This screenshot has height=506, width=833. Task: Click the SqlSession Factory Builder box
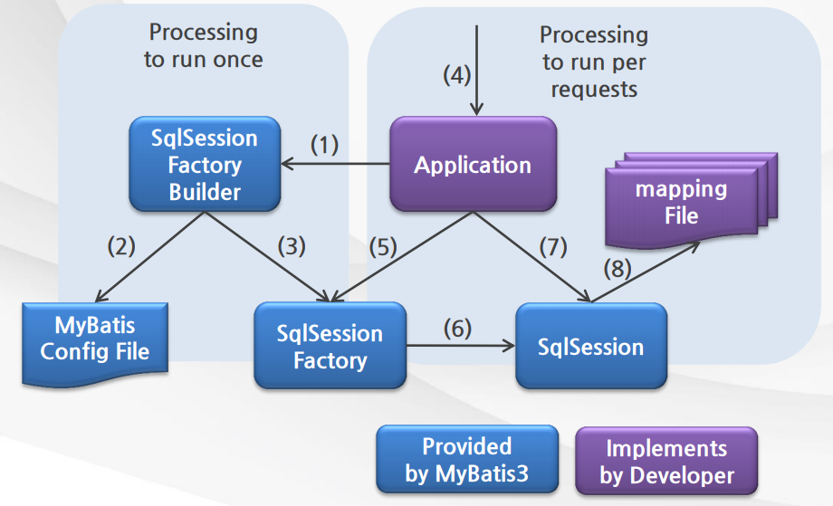pos(205,164)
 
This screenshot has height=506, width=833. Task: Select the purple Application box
pos(473,164)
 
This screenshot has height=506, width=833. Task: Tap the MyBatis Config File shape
pos(95,344)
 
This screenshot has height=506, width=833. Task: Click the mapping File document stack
pos(691,201)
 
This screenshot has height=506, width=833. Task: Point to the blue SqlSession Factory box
pos(330,346)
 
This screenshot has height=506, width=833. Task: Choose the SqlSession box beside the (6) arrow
pos(590,346)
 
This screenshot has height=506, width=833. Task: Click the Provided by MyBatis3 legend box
pos(467,459)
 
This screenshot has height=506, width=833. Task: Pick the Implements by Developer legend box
pos(666,461)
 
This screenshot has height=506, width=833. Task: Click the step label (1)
pos(324,144)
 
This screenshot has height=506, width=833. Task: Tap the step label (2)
pos(121,246)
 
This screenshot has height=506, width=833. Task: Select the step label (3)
pos(292,246)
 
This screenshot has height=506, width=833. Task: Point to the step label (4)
pos(457,75)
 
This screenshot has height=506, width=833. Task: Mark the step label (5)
pos(383,247)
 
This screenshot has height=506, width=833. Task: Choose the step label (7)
pos(553,247)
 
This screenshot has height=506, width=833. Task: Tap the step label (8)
pos(618,268)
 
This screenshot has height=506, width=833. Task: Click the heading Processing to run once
pos(204,45)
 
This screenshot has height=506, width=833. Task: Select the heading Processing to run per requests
pos(594,62)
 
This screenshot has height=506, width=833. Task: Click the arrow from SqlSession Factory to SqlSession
pos(461,346)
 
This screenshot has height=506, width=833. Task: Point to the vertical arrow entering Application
pos(476,70)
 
